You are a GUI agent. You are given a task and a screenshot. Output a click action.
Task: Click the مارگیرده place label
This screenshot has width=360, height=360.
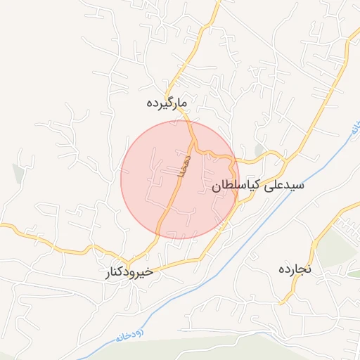(x=167, y=103)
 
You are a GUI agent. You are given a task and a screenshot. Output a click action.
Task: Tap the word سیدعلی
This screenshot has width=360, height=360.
(x=284, y=186)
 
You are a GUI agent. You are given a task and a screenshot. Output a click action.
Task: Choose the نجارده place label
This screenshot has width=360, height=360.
(x=295, y=269)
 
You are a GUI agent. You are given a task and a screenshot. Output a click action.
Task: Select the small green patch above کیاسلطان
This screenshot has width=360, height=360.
(x=259, y=150)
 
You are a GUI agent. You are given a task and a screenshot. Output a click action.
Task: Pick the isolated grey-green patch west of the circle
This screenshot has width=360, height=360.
(x=18, y=171)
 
